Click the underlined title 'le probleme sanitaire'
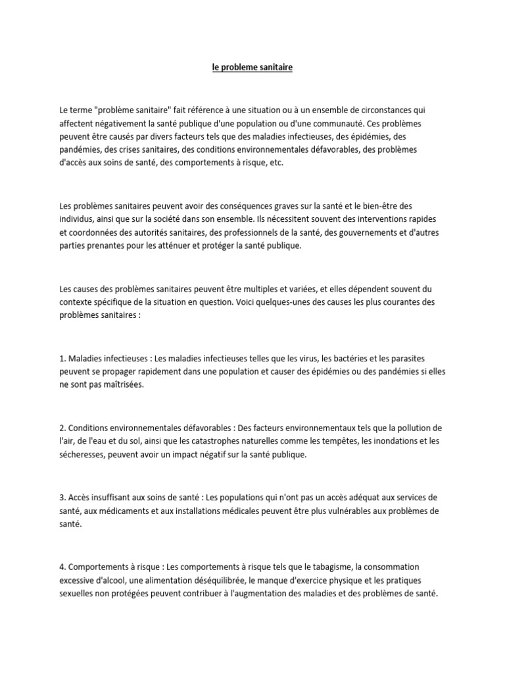[252, 67]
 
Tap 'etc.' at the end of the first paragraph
[276, 163]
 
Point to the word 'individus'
[77, 218]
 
